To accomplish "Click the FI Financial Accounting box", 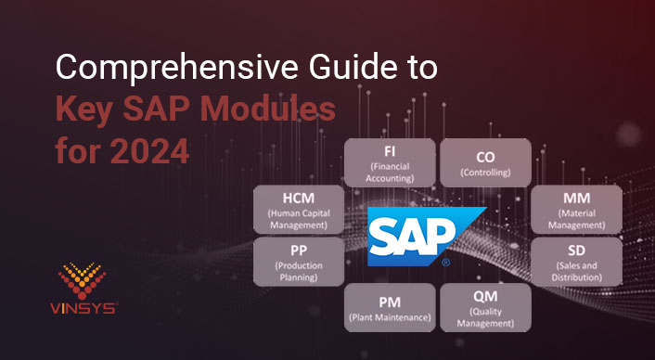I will pyautogui.click(x=390, y=162).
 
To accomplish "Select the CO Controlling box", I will pyautogui.click(x=484, y=162).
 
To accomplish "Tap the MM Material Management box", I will pyautogui.click(x=576, y=208).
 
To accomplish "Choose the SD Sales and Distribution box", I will pyautogui.click(x=576, y=261).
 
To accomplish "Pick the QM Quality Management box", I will pyautogui.click(x=484, y=307).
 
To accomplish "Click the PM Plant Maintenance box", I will pyautogui.click(x=390, y=307).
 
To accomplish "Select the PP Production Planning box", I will pyautogui.click(x=298, y=261).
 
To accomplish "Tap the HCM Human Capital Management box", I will pyautogui.click(x=298, y=208).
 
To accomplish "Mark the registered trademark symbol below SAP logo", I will pyautogui.click(x=446, y=264).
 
